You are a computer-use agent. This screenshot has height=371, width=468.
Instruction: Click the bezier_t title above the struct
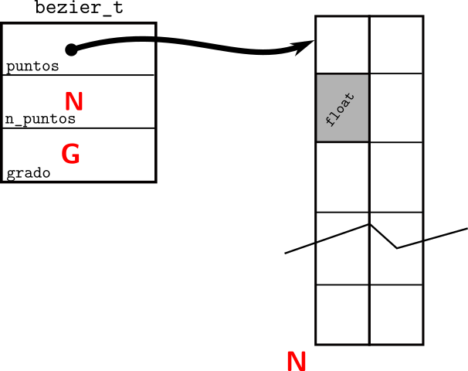[79, 10]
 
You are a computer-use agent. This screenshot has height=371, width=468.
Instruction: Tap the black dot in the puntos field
[71, 49]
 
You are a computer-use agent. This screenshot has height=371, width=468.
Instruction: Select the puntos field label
[32, 66]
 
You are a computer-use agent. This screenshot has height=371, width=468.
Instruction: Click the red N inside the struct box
[74, 100]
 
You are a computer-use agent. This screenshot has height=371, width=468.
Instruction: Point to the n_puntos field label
[40, 119]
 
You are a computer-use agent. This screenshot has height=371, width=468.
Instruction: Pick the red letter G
[70, 155]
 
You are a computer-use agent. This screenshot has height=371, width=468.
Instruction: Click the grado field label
[29, 173]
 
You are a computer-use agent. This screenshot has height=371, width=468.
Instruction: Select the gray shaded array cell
[343, 107]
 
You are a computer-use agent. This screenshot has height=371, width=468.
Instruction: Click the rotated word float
[341, 109]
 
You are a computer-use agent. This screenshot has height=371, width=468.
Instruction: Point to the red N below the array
[297, 361]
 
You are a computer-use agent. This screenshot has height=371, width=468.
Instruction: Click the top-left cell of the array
[343, 44]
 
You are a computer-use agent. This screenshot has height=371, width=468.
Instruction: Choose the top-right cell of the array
[396, 44]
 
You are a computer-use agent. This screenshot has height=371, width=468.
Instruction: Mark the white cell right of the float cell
[396, 107]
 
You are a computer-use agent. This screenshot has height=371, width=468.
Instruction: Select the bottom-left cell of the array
[343, 315]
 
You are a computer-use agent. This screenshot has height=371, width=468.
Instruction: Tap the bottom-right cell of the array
[396, 315]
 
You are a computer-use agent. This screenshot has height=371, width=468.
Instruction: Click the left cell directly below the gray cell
[343, 177]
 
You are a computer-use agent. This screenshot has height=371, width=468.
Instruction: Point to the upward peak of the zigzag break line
[370, 225]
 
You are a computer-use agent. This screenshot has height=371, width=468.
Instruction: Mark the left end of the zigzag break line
[287, 253]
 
